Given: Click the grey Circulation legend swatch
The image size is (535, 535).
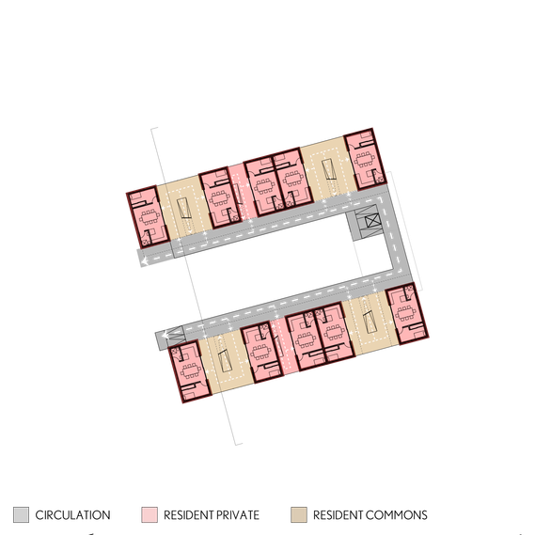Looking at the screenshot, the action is point(21,514).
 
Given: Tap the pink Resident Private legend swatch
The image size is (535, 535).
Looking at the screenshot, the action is point(149,514).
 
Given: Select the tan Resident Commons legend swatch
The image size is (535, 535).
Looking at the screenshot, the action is point(299,514).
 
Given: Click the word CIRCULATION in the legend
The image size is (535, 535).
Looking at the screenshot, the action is point(72,515).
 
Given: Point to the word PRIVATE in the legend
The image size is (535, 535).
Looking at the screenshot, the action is point(236,515).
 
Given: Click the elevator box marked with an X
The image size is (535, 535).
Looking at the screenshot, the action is point(372,221).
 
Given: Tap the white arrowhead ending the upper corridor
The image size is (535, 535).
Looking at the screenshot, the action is point(145,261).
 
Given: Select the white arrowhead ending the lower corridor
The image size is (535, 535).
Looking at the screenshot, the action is point(165,335).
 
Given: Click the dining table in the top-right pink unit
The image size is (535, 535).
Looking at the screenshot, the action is point(365,159).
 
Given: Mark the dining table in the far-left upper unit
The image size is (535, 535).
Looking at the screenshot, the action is point(149,216).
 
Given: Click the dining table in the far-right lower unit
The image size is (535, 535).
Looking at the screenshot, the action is point(405,313).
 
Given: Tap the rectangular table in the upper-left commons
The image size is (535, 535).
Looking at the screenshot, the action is point(183,208).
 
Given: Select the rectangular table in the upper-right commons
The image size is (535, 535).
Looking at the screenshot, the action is point(328,169).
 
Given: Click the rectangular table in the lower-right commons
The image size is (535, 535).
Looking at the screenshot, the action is point(370,323).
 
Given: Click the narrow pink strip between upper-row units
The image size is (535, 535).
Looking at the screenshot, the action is point(242,192).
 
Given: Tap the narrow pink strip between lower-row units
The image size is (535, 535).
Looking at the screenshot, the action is point(284,346).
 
